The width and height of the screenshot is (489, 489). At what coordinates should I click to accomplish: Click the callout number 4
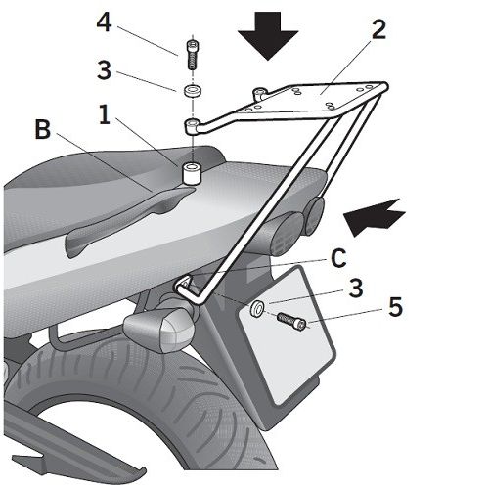(x=105, y=22)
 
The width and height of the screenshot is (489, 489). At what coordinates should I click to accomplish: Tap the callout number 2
(x=378, y=29)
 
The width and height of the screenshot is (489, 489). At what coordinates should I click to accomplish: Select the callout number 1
(x=105, y=114)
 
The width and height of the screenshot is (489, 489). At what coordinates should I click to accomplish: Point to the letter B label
(x=43, y=129)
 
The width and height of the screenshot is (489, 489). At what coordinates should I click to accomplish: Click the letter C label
(x=338, y=258)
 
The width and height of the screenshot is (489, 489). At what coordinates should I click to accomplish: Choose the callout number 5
(x=395, y=307)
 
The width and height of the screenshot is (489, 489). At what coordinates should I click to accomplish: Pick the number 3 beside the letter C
(x=356, y=288)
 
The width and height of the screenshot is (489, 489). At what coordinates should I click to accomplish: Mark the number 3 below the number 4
(x=104, y=70)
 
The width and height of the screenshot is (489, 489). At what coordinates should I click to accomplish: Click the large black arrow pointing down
(x=268, y=35)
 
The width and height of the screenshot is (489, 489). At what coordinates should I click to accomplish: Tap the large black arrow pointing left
(x=374, y=217)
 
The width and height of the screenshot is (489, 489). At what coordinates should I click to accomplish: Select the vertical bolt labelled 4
(x=193, y=55)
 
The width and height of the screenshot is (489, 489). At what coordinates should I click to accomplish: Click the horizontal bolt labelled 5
(x=291, y=322)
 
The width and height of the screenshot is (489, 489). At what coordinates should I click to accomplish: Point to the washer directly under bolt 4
(x=193, y=90)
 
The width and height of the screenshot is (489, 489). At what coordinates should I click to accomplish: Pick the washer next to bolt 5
(x=257, y=309)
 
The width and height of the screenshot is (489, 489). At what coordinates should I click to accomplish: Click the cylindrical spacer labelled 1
(x=193, y=174)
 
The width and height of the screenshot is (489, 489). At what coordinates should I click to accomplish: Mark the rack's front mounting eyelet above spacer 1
(x=193, y=126)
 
